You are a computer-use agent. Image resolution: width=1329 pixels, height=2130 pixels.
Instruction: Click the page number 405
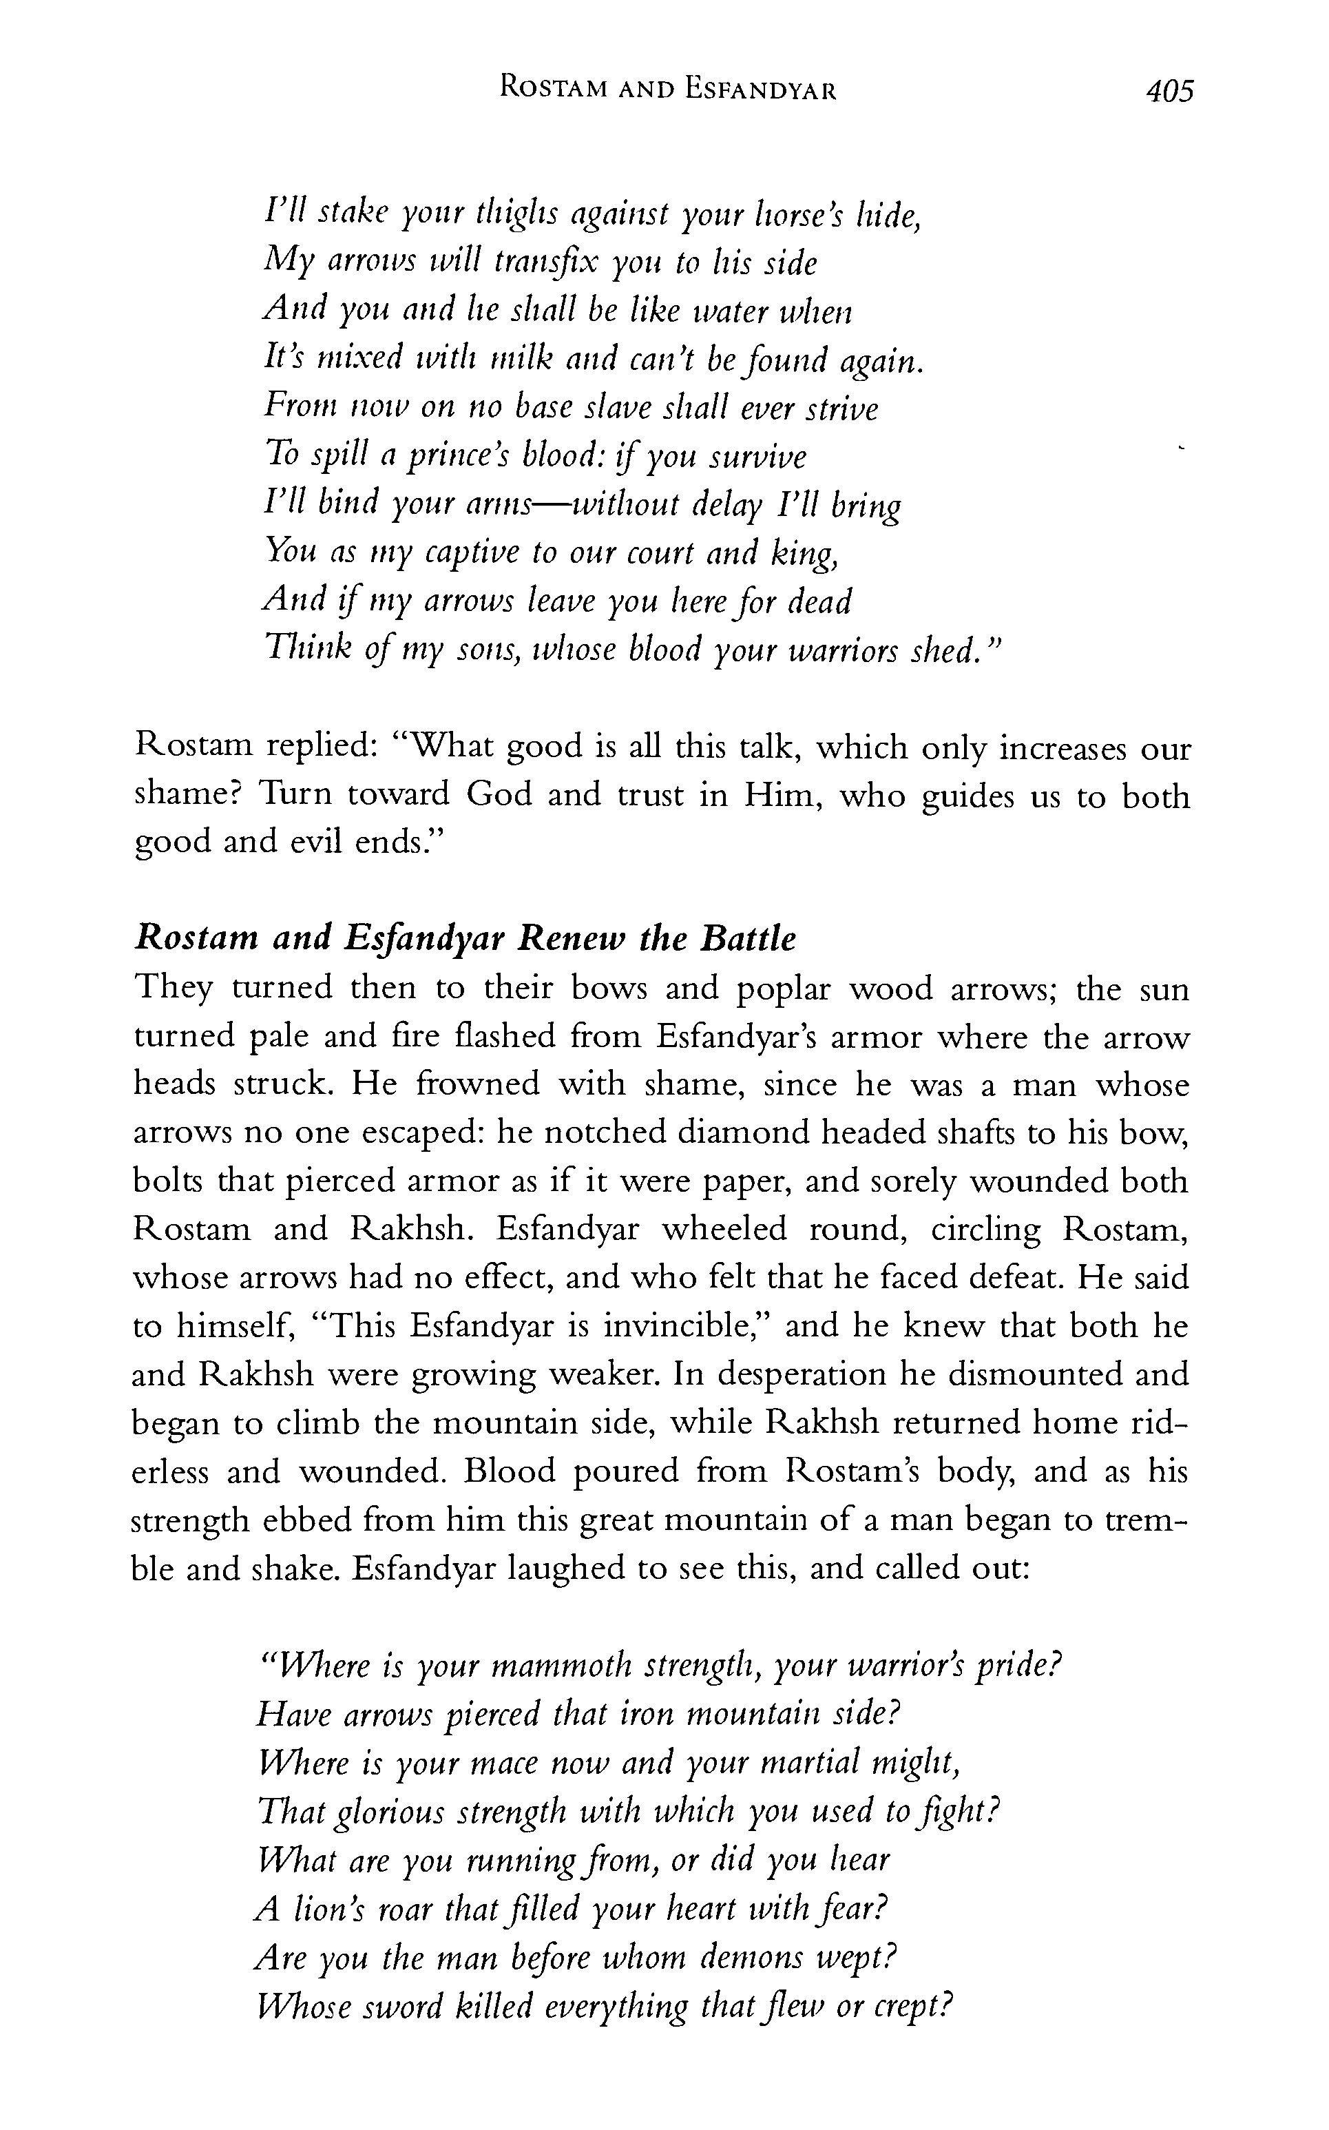pos(1170,92)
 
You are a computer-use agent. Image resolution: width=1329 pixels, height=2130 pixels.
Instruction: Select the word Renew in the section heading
pos(572,939)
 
